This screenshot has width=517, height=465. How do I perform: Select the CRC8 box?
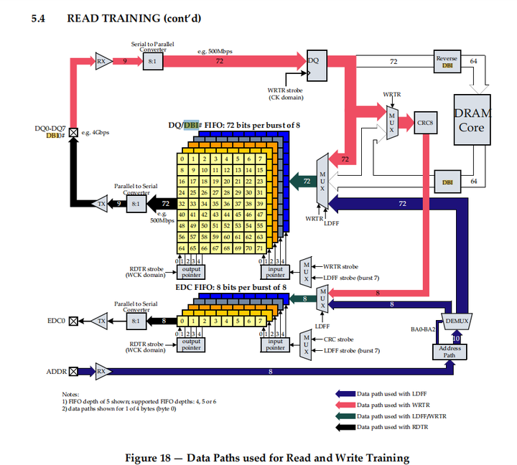[424, 121]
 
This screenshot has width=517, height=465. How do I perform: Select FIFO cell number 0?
[184, 159]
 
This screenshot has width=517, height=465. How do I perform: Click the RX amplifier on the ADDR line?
[101, 371]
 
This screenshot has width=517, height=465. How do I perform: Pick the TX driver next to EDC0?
[101, 321]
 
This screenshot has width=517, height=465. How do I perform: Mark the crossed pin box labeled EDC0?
[73, 321]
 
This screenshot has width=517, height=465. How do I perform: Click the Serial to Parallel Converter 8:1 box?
[152, 62]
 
